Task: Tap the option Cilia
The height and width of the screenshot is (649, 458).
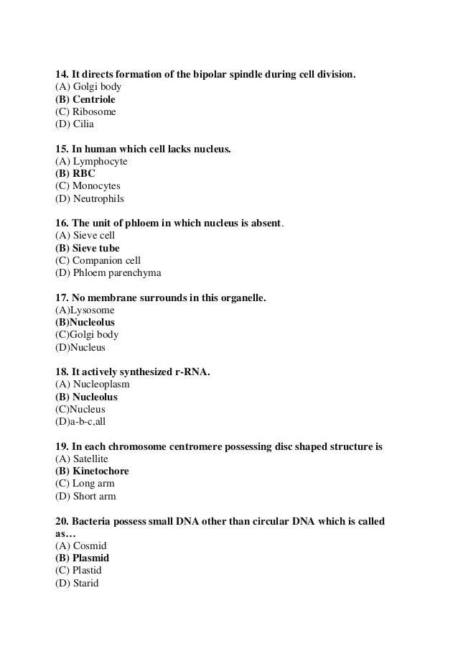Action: (x=83, y=124)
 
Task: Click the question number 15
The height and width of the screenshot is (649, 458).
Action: (x=62, y=149)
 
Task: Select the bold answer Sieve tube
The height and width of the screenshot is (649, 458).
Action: (x=88, y=249)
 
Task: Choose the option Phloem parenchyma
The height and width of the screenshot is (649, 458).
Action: (x=108, y=273)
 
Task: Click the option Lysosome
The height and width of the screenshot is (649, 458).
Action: (x=90, y=310)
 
